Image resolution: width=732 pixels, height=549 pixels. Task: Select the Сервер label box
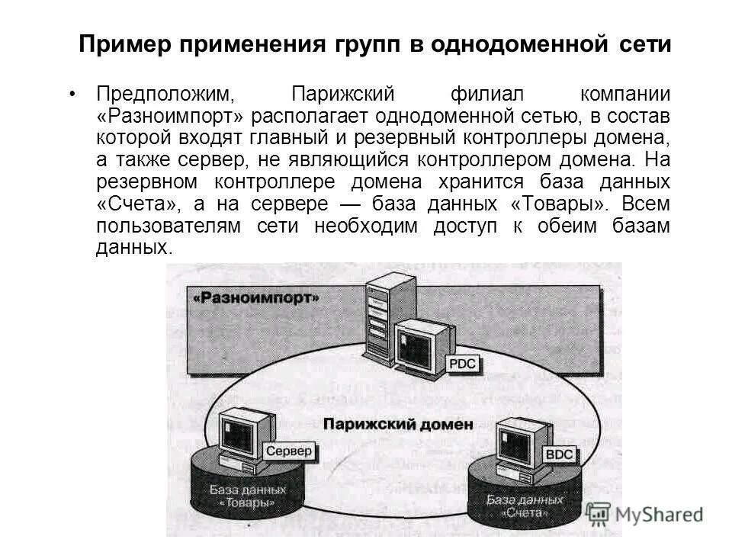289,451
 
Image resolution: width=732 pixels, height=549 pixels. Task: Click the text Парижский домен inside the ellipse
397,423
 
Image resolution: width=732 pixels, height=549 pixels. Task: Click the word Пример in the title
124,45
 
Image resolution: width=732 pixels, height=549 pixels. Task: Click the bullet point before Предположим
72,95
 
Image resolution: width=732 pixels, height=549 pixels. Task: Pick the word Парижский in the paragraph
343,95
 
